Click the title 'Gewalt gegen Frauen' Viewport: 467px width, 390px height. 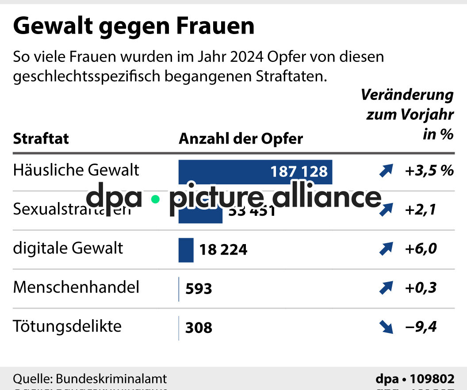pos(134,27)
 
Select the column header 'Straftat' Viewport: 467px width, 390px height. pos(41,139)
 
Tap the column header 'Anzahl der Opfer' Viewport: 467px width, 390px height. pos(241,139)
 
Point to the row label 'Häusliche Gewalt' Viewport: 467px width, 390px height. pos(76,170)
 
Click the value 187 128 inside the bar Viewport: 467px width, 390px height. pos(299,172)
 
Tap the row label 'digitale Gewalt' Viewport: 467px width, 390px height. pos(68,249)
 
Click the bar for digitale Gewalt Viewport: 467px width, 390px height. pos(186,250)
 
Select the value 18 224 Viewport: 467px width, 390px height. pos(223,250)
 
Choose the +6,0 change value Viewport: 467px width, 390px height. pos(421,249)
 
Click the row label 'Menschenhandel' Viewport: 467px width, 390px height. pos(76,287)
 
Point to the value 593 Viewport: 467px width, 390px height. pos(199,289)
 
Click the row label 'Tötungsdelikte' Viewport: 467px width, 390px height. pos(67,327)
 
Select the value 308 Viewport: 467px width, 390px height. pos(199,328)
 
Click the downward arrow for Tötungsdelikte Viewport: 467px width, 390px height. pos(386,328)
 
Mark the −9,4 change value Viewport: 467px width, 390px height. pos(421,327)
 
